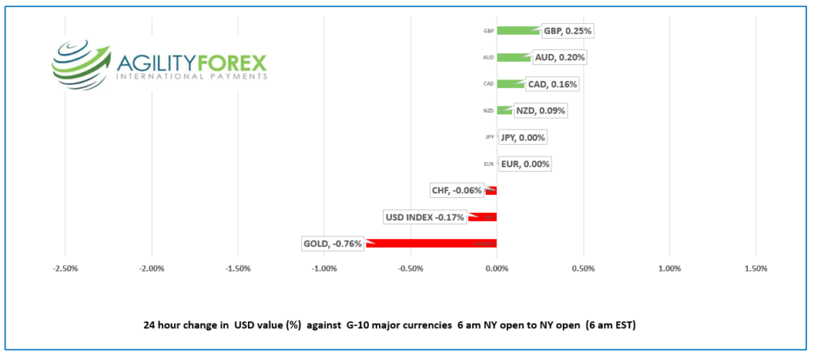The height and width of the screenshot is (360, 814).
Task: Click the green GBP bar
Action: pos(517,31)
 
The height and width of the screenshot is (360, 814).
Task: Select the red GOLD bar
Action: pos(432,243)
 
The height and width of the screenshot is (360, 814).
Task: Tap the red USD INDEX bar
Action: pos(483,217)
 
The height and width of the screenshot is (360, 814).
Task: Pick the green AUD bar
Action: pos(514,57)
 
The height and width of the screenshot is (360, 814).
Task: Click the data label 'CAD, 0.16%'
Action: pos(552,84)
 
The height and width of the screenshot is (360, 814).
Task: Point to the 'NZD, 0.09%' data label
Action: pos(540,110)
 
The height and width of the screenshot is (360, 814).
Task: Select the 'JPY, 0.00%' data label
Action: pos(522,137)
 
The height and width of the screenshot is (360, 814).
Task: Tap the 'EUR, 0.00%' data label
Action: pos(525,165)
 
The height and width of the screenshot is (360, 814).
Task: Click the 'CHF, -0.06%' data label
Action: pos(456,191)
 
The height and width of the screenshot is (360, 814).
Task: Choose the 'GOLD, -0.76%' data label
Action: pos(332,243)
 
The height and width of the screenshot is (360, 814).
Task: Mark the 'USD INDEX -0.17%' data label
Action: pos(424,217)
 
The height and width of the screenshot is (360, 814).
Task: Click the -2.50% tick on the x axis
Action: pos(64,268)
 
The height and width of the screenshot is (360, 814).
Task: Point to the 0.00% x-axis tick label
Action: pos(497,268)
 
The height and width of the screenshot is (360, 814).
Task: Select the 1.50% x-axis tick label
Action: pos(756,268)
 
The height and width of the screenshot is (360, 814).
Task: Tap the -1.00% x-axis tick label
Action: pos(324,268)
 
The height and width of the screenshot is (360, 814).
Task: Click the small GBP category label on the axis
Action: pos(489,32)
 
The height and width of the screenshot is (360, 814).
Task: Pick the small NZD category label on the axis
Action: pos(489,110)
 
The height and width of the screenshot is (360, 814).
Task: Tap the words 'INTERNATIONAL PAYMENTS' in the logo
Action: pos(192,76)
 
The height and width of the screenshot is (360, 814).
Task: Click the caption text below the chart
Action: pos(390,326)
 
